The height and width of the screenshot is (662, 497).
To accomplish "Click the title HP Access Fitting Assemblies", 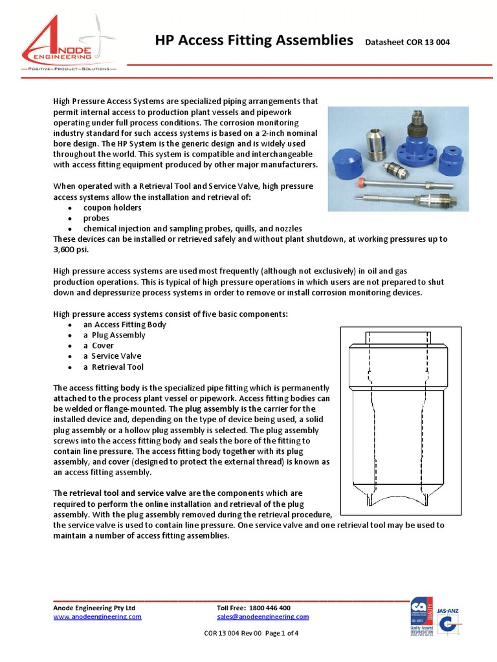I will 254,41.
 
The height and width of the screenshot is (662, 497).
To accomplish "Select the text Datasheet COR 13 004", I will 407,43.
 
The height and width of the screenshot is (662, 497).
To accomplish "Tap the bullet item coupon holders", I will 112,208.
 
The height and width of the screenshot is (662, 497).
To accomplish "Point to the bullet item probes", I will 96,218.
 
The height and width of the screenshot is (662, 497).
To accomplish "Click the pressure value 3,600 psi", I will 71,249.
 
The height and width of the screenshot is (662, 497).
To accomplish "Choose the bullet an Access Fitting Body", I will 124,325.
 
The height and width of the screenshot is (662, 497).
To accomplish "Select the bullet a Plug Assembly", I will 114,335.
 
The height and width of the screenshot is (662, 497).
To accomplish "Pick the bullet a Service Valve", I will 111,356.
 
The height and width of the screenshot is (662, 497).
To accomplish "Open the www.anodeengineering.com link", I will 97,617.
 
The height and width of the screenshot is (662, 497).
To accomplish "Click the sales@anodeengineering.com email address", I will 263,617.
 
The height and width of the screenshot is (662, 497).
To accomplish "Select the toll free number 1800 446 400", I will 269,608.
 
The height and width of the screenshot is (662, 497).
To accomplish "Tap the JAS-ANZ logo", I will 449,621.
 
